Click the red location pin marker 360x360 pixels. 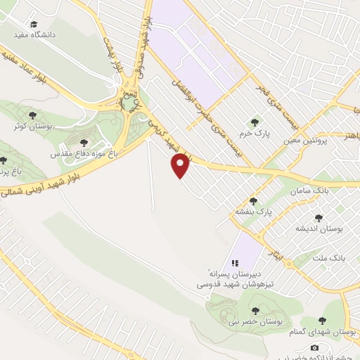pyautogui.click(x=181, y=165)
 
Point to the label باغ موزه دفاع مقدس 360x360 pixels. pyautogui.click(x=84, y=152)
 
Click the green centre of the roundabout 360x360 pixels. pyautogui.click(x=128, y=104)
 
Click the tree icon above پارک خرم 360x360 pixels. pyautogui.click(x=255, y=121)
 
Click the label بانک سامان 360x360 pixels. pyautogui.click(x=313, y=191)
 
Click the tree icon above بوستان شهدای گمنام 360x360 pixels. pyautogui.click(x=323, y=321)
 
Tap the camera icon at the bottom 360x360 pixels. pyautogui.click(x=314, y=347)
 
